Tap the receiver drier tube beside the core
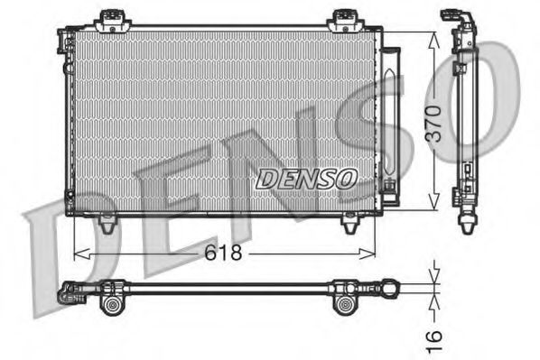[389, 117]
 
